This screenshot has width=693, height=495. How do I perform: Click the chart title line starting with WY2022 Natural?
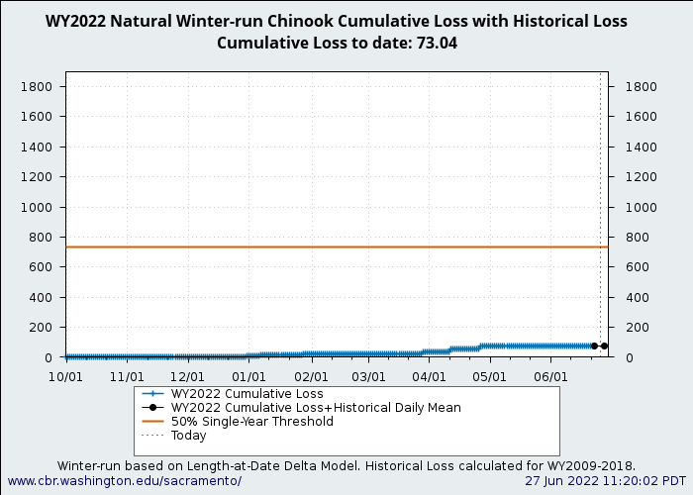click(x=336, y=21)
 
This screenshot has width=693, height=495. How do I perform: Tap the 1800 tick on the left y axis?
click(x=37, y=87)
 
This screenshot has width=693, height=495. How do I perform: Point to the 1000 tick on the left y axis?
click(x=37, y=207)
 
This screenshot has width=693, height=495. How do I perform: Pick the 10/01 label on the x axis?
click(x=65, y=377)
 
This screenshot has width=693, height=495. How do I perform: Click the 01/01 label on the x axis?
click(x=248, y=377)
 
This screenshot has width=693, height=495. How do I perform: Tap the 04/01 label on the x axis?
click(x=429, y=377)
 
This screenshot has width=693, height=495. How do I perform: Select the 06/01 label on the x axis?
click(x=550, y=377)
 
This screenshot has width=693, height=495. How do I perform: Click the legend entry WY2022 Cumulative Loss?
click(x=247, y=394)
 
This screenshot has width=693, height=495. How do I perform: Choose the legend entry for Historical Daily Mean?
click(x=316, y=408)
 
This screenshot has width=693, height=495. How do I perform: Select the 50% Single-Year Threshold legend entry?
click(x=251, y=422)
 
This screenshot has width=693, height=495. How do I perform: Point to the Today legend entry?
click(x=188, y=436)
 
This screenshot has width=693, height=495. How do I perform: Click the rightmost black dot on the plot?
click(x=604, y=346)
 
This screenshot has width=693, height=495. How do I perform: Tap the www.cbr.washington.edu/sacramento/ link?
click(x=124, y=481)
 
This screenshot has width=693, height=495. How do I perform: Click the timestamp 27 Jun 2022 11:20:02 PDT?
click(x=605, y=481)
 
